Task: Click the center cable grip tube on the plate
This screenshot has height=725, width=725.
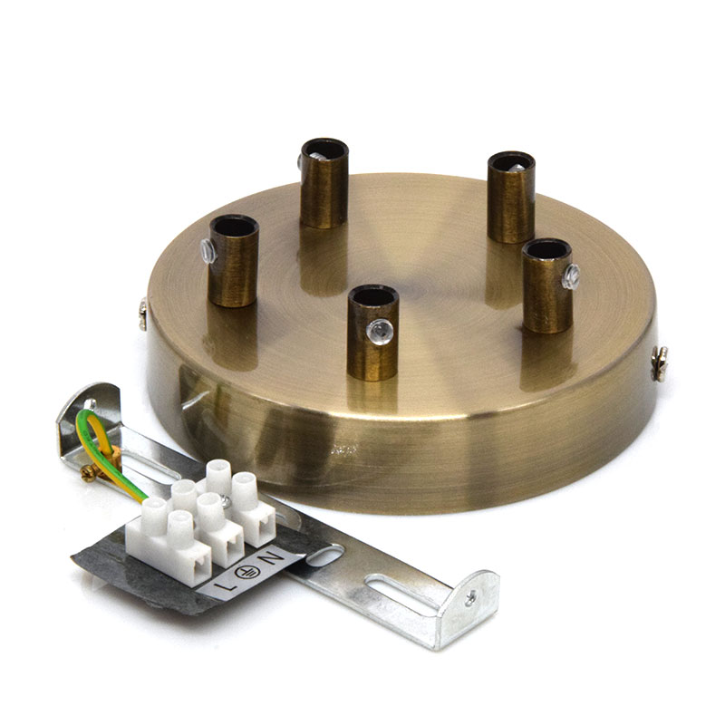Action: click(372, 333)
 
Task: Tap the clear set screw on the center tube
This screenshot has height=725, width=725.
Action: click(380, 330)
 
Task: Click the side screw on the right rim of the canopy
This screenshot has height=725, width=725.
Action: click(660, 363)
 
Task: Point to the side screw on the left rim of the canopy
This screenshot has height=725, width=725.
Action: click(143, 314)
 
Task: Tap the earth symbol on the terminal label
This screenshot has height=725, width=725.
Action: click(246, 573)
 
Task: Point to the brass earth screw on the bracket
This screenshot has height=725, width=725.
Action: click(89, 473)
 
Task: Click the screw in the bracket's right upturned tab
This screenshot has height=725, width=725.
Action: click(470, 599)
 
